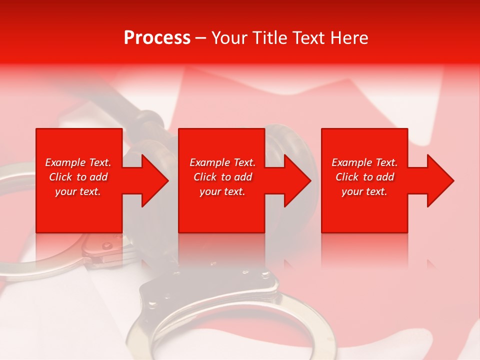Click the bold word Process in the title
(157, 38)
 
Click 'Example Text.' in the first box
(78, 162)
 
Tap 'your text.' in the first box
(78, 191)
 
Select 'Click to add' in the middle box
(222, 177)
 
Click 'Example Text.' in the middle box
(222, 162)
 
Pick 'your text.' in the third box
(364, 191)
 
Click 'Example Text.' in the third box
(364, 162)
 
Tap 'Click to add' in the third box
(364, 177)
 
